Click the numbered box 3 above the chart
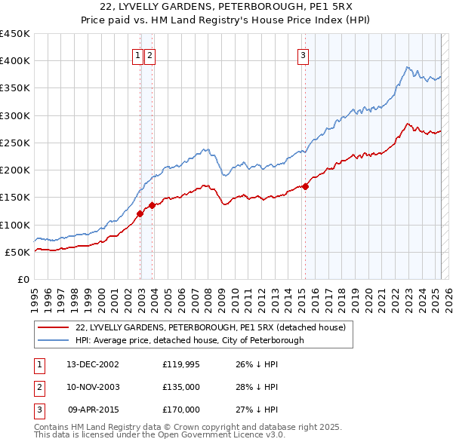303,54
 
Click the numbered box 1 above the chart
139,54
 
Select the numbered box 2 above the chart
149,54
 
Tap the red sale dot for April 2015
306,186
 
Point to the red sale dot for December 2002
140,213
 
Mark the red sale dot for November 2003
153,205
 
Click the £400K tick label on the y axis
15,61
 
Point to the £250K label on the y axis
15,143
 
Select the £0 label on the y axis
23,279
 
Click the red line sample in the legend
52,327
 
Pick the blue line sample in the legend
52,340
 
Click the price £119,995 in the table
181,364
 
